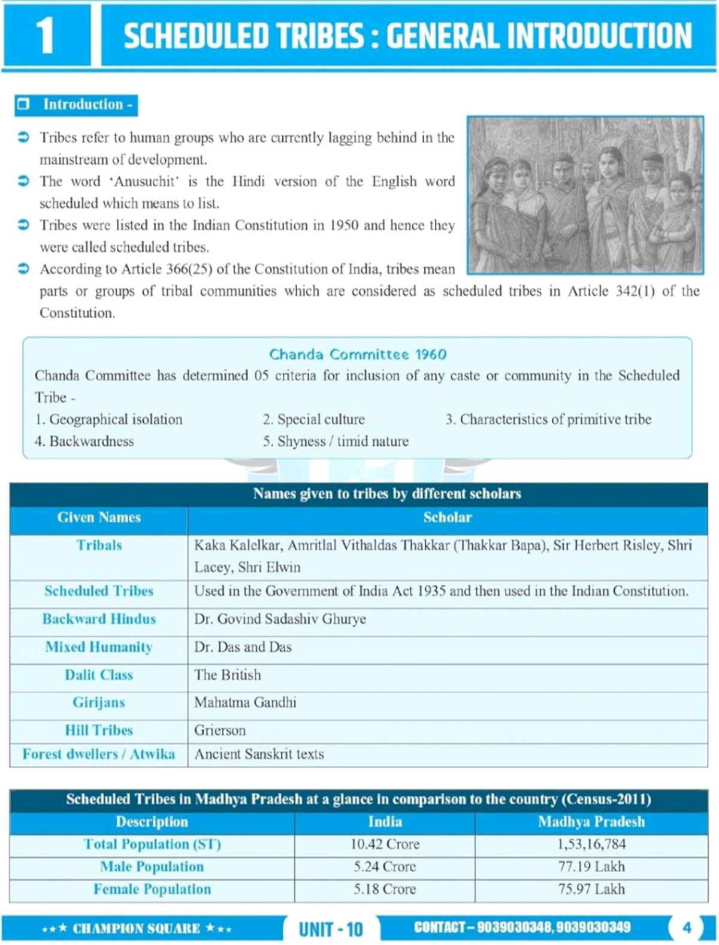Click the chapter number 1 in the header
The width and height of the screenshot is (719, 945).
tap(46, 35)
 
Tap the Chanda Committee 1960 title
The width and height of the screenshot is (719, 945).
tap(358, 354)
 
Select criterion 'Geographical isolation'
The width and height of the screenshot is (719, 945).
tap(109, 419)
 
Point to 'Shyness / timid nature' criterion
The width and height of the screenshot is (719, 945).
tap(336, 442)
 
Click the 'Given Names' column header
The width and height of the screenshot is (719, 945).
tap(99, 518)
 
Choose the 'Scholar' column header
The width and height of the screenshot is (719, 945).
tap(447, 518)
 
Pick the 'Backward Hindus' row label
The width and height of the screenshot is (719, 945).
tap(99, 619)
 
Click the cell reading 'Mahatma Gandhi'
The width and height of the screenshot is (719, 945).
tap(245, 702)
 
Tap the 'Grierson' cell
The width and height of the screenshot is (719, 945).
tap(220, 730)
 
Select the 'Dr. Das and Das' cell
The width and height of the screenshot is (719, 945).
tap(243, 647)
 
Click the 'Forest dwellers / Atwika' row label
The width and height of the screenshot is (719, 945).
tap(99, 754)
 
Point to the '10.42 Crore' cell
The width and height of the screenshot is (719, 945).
tap(385, 844)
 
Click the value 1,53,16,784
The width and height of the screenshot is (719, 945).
tap(591, 844)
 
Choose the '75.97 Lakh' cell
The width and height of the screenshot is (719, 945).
tap(591, 889)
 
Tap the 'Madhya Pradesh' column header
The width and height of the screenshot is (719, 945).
tap(591, 822)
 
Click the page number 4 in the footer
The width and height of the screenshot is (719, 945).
tap(687, 928)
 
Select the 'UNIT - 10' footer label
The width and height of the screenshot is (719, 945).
tap(331, 929)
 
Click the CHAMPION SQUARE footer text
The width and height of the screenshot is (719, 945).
tap(137, 929)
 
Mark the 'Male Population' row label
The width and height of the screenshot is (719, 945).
tap(152, 866)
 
